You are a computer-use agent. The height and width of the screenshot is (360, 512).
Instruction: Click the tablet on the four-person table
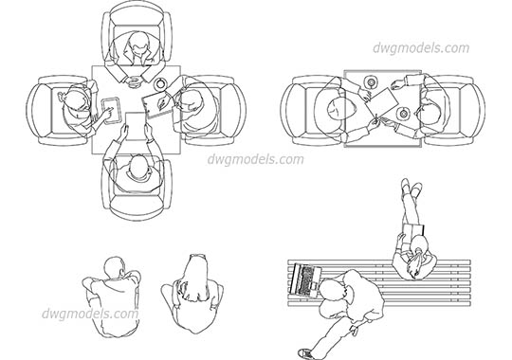click(108, 109)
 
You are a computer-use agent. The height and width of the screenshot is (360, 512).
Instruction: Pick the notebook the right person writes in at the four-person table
click(155, 104)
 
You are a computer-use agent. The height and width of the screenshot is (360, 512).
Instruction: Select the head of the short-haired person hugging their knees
click(114, 267)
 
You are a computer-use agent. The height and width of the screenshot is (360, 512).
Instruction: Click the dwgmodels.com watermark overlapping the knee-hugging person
click(91, 313)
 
